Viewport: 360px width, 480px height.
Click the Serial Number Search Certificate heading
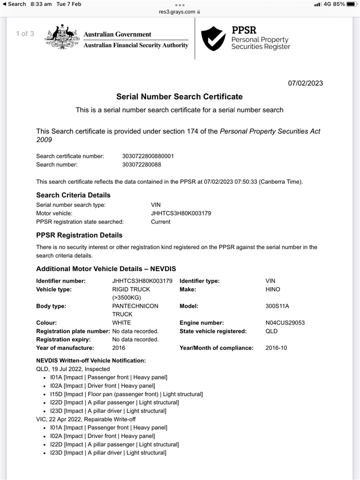(x=179, y=97)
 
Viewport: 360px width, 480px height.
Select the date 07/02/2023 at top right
(x=305, y=83)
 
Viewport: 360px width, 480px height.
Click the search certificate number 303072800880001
(x=148, y=156)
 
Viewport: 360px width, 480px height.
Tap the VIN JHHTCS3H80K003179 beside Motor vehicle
(x=181, y=213)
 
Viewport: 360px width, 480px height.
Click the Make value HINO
(x=274, y=290)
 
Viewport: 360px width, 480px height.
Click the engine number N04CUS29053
(x=285, y=323)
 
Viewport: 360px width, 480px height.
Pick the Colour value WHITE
(x=122, y=323)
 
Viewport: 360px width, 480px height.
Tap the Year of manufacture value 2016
(x=118, y=348)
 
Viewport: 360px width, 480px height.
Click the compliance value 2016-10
(x=276, y=348)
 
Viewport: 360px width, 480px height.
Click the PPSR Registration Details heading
(x=79, y=235)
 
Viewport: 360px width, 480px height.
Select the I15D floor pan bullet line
(x=126, y=394)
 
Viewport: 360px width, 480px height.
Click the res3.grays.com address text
(x=177, y=12)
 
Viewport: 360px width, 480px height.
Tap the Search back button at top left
(x=14, y=4)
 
